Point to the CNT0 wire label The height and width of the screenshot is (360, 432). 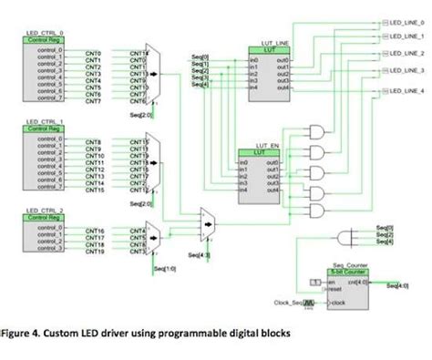93,54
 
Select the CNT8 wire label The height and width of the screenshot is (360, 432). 93,143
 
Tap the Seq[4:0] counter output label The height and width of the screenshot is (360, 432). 397,286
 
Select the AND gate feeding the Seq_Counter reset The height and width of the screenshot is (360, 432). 347,238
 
